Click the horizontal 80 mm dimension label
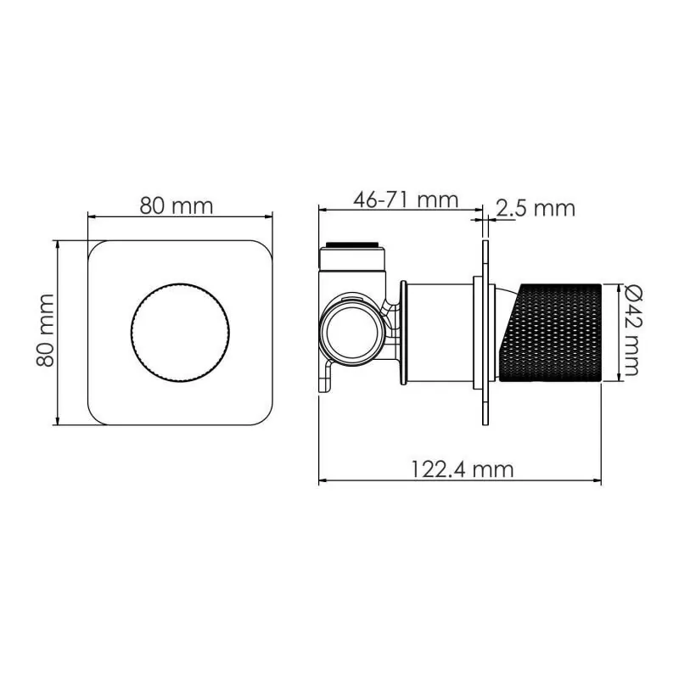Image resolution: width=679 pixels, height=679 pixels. click(x=177, y=205)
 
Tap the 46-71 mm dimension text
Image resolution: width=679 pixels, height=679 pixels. click(x=406, y=200)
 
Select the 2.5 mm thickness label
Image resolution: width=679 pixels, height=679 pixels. click(x=536, y=208)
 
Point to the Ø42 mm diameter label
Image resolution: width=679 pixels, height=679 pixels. click(x=629, y=330)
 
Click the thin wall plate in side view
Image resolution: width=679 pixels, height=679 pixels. click(x=485, y=332)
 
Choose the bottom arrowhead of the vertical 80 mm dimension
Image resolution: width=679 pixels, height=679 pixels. click(x=57, y=422)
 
